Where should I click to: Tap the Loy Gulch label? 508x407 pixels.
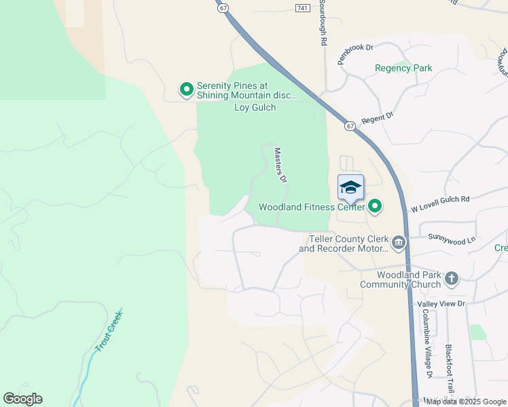click(255, 107)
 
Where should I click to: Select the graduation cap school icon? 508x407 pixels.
click(350, 188)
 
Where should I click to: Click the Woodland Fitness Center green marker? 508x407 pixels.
click(374, 206)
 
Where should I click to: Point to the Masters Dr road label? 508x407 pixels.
click(279, 166)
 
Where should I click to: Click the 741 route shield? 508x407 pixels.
click(303, 7)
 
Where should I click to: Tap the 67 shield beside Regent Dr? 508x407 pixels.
click(350, 125)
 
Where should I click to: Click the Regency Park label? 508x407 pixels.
click(403, 68)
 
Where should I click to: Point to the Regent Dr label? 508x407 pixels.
click(378, 118)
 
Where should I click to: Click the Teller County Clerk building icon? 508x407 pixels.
click(399, 241)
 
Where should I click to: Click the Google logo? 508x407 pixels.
click(22, 399)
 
